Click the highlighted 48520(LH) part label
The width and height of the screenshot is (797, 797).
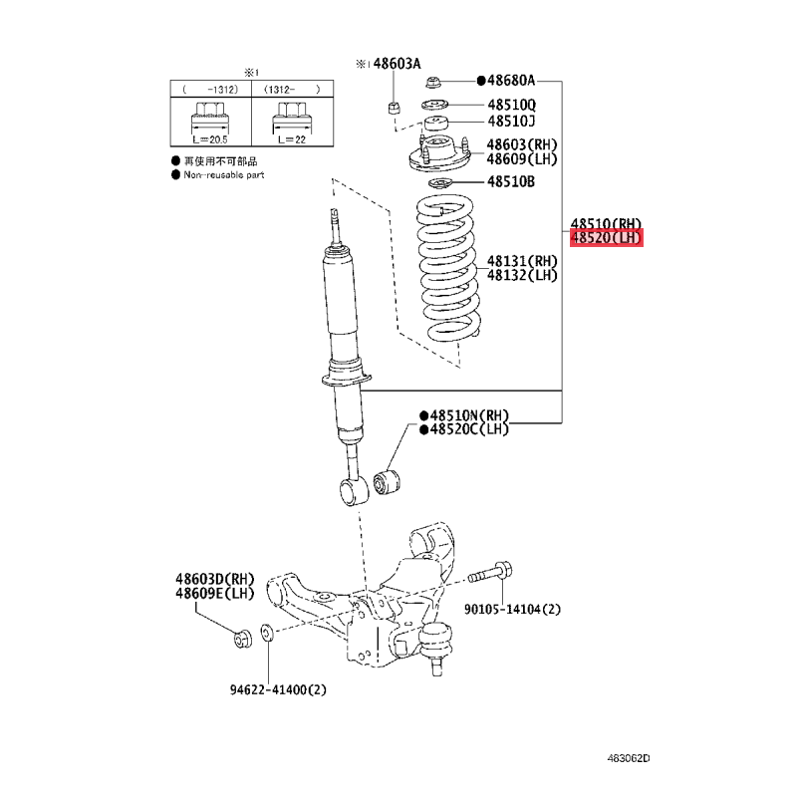pyautogui.click(x=607, y=237)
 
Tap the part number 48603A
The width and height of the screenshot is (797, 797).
pyautogui.click(x=397, y=64)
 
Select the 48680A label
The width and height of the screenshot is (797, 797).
pyautogui.click(x=511, y=81)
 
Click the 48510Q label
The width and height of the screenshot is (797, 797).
pyautogui.click(x=511, y=105)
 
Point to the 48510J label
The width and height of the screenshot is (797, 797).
pyautogui.click(x=511, y=121)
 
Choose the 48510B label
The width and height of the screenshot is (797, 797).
pyautogui.click(x=511, y=181)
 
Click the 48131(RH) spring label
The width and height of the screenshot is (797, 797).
pyautogui.click(x=522, y=261)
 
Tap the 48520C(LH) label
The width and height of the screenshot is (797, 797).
pyautogui.click(x=469, y=429)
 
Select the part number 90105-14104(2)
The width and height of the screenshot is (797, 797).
pyautogui.click(x=512, y=609)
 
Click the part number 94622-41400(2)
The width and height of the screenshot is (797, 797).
pyautogui.click(x=278, y=689)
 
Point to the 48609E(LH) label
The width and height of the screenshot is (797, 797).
pyautogui.click(x=214, y=593)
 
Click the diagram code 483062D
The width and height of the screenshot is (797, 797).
pyautogui.click(x=629, y=758)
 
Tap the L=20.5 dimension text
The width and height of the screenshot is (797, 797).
pyautogui.click(x=210, y=139)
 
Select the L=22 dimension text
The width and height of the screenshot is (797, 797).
pyautogui.click(x=292, y=139)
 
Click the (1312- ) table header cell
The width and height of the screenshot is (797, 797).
pyautogui.click(x=292, y=90)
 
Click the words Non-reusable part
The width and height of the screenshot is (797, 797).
pyautogui.click(x=224, y=175)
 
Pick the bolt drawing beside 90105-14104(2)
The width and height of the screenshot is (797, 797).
pyautogui.click(x=490, y=573)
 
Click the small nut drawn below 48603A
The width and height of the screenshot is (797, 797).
pyautogui.click(x=394, y=108)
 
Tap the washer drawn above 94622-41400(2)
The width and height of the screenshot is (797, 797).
pyautogui.click(x=267, y=634)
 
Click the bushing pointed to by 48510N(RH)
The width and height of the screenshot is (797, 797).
pyautogui.click(x=387, y=482)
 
